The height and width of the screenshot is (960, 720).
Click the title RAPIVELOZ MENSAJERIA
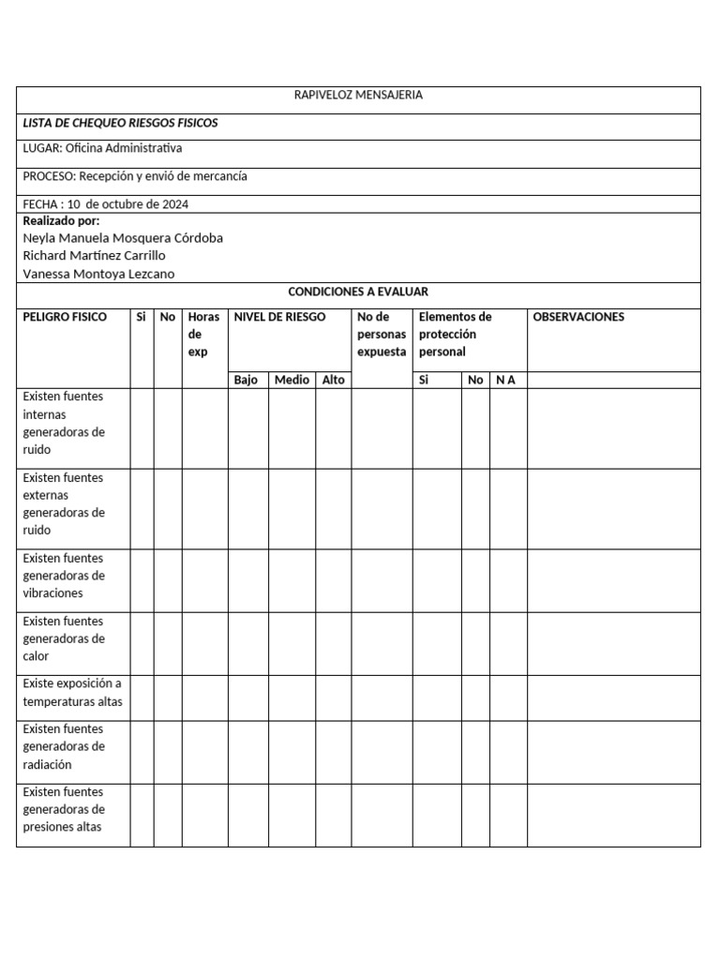(x=358, y=96)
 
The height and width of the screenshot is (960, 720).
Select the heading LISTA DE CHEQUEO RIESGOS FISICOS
(x=120, y=123)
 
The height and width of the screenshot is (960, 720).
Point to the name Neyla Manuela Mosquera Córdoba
(x=122, y=238)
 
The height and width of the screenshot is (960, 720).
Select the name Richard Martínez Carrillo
(x=94, y=255)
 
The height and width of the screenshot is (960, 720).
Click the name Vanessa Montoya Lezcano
(x=98, y=274)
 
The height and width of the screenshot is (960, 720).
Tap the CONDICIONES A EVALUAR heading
(x=358, y=292)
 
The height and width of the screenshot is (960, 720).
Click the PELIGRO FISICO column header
(x=65, y=317)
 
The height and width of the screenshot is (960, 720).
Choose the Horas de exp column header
(x=203, y=334)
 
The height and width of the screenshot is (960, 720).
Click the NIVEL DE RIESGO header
(x=279, y=317)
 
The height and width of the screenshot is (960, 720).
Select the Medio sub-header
(x=292, y=380)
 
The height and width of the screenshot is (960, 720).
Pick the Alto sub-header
(x=333, y=380)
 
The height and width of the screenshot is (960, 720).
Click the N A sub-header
(x=506, y=380)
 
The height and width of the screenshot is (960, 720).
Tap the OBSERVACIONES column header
(x=578, y=317)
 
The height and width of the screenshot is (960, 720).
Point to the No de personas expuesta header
(x=382, y=334)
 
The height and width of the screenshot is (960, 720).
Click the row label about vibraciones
(x=64, y=576)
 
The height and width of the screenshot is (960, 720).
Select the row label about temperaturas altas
(x=72, y=693)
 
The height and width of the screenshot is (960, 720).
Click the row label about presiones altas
(x=64, y=809)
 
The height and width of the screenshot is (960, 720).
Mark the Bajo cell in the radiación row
(x=247, y=752)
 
